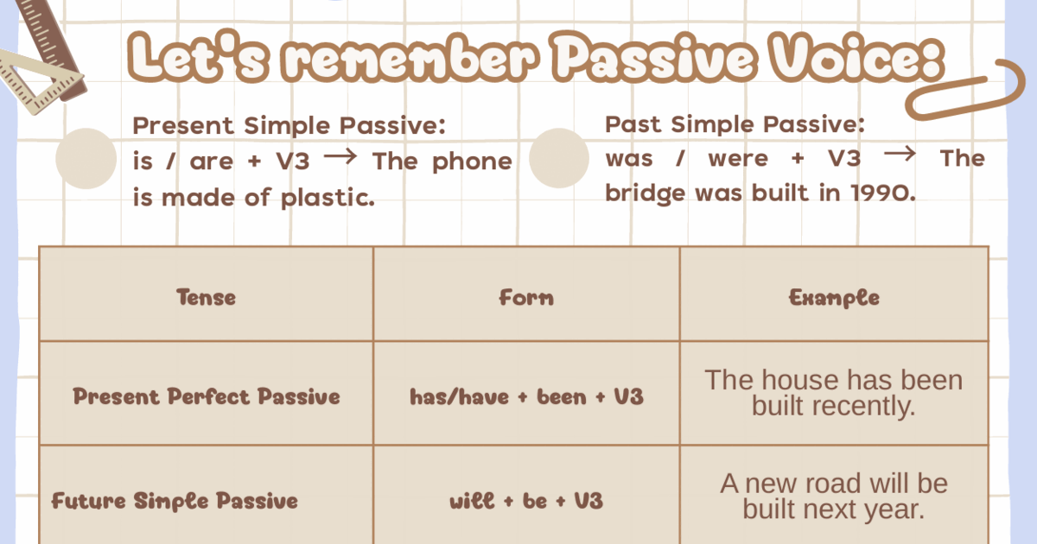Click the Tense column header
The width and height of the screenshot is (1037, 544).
206,298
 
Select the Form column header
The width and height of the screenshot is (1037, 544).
526,298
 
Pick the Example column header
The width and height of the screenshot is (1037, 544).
834,298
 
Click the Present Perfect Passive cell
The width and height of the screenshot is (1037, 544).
206,396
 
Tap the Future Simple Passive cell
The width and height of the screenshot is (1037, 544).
175,501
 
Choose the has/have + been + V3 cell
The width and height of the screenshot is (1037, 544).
526,396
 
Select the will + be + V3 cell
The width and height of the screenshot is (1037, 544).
526,501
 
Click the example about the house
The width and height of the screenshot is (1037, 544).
833,393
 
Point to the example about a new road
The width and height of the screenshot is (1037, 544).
833,496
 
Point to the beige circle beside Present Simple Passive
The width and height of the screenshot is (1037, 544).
86,159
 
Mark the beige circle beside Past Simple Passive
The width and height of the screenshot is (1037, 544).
558,158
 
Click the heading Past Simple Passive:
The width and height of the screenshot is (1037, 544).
735,124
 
